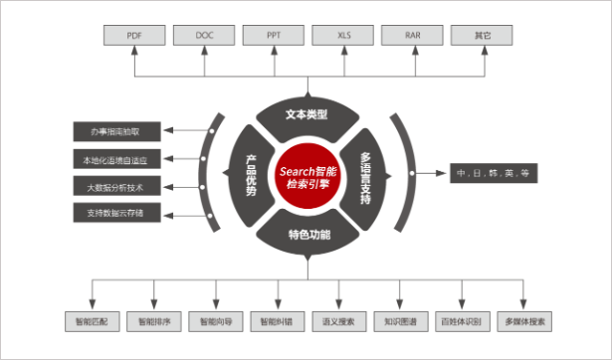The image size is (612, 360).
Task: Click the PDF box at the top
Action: pos(134,36)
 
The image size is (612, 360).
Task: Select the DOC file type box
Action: pos(203,36)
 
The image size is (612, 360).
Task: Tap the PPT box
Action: pos(273,36)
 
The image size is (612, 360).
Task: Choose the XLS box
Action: pos(342,36)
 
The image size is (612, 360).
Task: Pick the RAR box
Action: pos(412,36)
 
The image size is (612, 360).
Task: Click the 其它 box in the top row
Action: pos(482,36)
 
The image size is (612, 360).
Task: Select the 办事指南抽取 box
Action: pos(115,130)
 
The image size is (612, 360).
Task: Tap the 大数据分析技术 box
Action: pos(115,185)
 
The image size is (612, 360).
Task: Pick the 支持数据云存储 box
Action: pos(115,212)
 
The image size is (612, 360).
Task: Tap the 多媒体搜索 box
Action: pos(523,322)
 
